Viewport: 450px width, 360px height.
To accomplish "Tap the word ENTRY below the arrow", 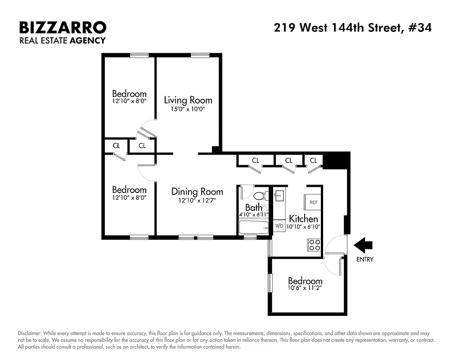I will [x=364, y=259].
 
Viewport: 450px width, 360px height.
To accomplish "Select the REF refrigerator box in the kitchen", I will [x=314, y=202].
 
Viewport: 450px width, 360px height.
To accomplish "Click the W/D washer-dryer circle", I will [x=279, y=226].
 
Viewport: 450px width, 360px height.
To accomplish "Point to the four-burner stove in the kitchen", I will [x=314, y=245].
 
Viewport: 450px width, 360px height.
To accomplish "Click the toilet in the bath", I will [x=260, y=196].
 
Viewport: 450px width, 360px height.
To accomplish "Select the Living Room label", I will [x=188, y=100].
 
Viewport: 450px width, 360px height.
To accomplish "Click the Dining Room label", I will [x=197, y=192].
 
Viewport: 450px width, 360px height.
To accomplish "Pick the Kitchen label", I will [x=304, y=219].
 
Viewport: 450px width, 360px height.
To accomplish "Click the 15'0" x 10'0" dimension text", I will [x=188, y=109].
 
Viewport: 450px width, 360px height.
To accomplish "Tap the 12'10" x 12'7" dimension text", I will [x=197, y=201].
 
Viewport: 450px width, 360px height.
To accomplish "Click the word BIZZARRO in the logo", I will [x=63, y=28].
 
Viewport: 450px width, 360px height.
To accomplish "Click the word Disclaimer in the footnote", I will [x=30, y=333].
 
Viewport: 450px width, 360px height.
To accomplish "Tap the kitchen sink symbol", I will [x=278, y=195].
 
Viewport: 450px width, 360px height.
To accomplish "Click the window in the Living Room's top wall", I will [x=199, y=55].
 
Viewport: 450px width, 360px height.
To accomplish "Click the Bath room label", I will [x=253, y=208].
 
